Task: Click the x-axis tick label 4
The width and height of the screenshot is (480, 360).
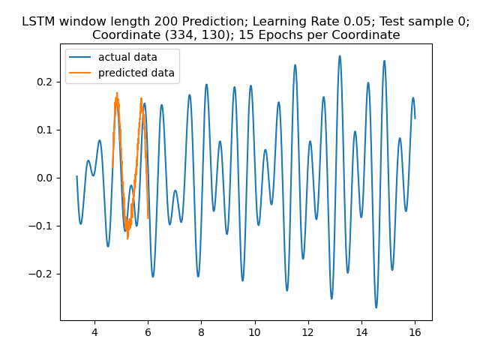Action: (x=94, y=332)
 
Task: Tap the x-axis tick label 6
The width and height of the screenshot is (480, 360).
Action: (x=148, y=332)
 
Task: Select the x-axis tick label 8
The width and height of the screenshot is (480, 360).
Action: (x=201, y=332)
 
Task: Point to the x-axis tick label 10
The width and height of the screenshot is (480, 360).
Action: (x=254, y=332)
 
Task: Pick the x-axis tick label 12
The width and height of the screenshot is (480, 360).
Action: (x=308, y=332)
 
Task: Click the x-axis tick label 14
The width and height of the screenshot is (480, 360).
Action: (x=361, y=332)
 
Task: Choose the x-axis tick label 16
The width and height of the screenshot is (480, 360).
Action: (x=415, y=332)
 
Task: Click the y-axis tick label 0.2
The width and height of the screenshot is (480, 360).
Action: (x=44, y=82)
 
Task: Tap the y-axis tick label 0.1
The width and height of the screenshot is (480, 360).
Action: (x=44, y=130)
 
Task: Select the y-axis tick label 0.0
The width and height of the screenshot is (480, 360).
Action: (x=44, y=178)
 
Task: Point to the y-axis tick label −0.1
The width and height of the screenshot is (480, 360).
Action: (x=41, y=226)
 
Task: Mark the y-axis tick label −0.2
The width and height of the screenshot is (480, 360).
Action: (x=41, y=274)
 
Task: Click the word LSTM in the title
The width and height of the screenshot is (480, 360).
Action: (x=38, y=22)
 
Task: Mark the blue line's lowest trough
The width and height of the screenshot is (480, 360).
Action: (x=376, y=307)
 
